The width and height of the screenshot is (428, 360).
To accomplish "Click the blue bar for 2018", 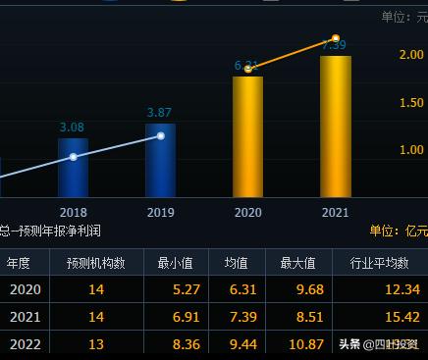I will [x=73, y=168].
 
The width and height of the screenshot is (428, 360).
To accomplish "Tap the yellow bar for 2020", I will [x=247, y=136].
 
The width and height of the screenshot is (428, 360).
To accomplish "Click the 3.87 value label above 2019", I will [x=159, y=113].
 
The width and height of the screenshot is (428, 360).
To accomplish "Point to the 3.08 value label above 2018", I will [x=73, y=128].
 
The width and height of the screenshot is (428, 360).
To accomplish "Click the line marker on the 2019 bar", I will [x=160, y=135].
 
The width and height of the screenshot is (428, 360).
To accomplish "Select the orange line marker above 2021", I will [x=336, y=38].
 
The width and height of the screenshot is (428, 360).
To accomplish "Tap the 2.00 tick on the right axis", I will [x=411, y=55].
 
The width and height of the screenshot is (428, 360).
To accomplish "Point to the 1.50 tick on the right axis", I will [x=411, y=103].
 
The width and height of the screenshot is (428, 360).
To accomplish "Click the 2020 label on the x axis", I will [x=247, y=212].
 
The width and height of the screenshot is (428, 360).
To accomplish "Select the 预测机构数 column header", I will [x=95, y=263].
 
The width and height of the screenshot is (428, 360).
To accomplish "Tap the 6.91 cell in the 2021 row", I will [x=173, y=317].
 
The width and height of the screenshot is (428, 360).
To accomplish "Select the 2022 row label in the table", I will [x=26, y=344].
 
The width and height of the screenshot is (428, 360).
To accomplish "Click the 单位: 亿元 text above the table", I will [x=398, y=231].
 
